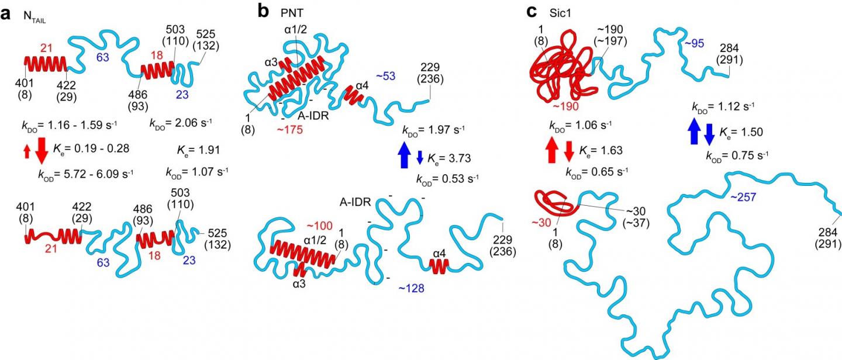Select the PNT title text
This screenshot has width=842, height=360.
[x=292, y=13]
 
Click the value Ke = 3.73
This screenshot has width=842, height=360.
[x=449, y=158]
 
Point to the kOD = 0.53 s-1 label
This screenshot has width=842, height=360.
[x=447, y=179]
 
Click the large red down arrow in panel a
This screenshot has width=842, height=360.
[x=42, y=151]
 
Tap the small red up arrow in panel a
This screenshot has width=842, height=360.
[x=27, y=151]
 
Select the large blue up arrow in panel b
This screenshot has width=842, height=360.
[x=405, y=154]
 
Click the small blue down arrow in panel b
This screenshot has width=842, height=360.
[x=420, y=157]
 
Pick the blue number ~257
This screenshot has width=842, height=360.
[x=743, y=196]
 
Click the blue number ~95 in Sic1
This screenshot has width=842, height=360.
[x=694, y=44]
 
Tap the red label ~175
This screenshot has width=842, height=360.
[x=289, y=130]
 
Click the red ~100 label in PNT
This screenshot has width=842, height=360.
[x=319, y=226]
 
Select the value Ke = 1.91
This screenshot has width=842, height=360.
[x=198, y=150]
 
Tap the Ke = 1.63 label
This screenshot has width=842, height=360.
[x=601, y=151]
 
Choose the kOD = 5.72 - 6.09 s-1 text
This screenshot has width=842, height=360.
[x=86, y=174]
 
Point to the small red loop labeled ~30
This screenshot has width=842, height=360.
[x=554, y=203]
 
